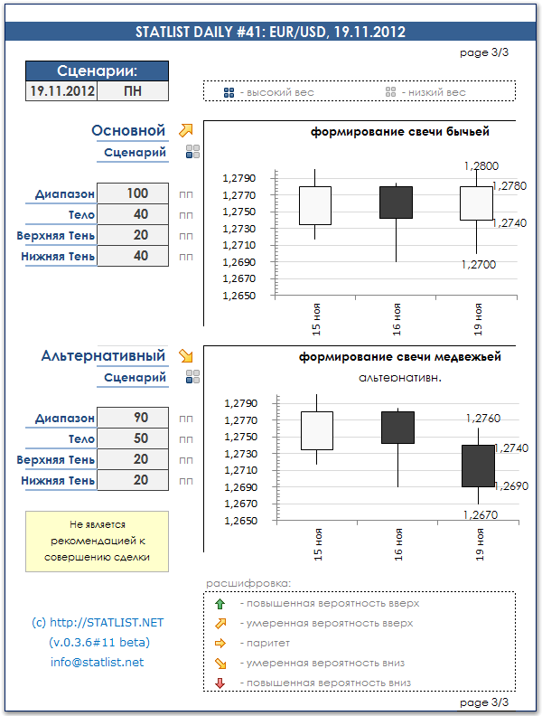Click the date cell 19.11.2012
[x=61, y=91]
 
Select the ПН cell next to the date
[x=132, y=91]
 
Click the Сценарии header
[x=97, y=71]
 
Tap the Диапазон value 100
[x=137, y=193]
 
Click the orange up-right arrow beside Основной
[x=186, y=131]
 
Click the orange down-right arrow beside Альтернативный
[x=186, y=356]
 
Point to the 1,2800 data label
[x=480, y=166]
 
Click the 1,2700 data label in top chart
[x=478, y=265]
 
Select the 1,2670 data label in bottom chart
[x=480, y=514]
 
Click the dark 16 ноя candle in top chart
[x=396, y=203]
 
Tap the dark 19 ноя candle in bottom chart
[x=478, y=466]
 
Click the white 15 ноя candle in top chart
[x=314, y=205]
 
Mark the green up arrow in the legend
[x=220, y=603]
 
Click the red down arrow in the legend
[x=220, y=683]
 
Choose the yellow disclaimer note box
[x=97, y=541]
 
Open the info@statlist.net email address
[x=97, y=663]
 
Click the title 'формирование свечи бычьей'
[x=400, y=132]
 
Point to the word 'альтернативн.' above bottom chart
[x=400, y=377]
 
